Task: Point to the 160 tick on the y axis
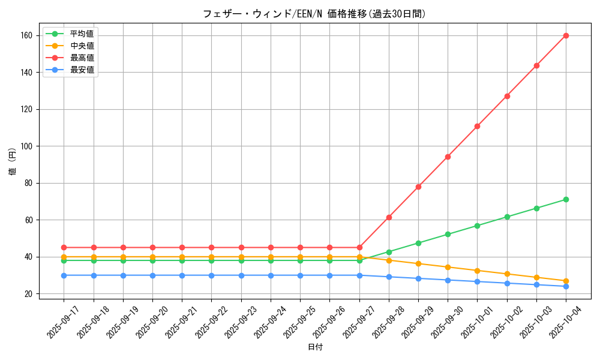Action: pos(31,35)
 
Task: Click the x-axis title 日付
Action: pos(315,347)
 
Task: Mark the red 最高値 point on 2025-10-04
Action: pos(566,35)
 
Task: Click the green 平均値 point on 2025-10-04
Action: pos(566,199)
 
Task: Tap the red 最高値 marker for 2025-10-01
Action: pos(477,126)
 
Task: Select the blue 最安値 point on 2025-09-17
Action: pos(64,275)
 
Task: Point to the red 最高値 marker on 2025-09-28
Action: pos(389,217)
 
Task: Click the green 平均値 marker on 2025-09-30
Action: pos(448,234)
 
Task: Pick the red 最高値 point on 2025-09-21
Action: pos(182,247)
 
